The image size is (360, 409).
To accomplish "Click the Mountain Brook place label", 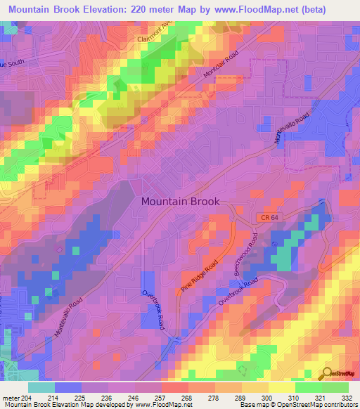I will click(180, 201).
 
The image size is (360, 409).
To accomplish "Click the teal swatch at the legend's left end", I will click(41, 387).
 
